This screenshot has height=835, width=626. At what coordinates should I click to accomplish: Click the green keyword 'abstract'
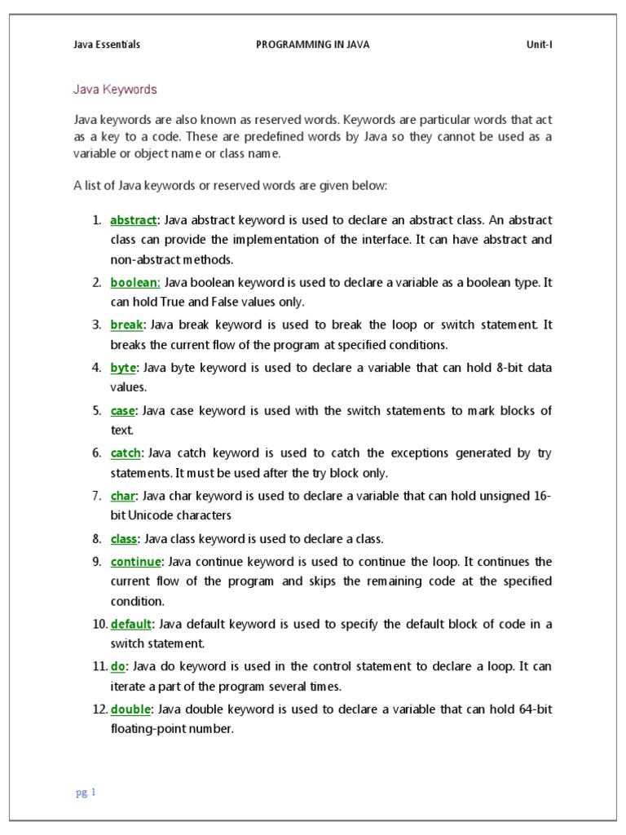[x=133, y=220]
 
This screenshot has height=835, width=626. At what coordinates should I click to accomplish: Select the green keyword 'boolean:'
[x=135, y=282]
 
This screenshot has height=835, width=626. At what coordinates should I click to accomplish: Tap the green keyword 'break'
[x=126, y=325]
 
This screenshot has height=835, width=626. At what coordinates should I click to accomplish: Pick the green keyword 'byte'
[x=123, y=368]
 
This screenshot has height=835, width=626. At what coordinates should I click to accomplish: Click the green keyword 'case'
[x=123, y=410]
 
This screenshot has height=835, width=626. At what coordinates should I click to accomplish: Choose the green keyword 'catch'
[x=126, y=453]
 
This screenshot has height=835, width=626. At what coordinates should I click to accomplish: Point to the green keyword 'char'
[x=123, y=495]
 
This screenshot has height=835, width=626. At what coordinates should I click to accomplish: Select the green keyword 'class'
[x=124, y=539]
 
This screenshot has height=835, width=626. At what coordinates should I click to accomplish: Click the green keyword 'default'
[x=131, y=624]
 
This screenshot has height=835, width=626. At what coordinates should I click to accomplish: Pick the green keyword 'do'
[x=117, y=666]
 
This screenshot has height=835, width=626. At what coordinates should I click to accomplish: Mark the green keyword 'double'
[x=131, y=709]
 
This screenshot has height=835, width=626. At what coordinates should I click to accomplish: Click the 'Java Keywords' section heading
[x=115, y=89]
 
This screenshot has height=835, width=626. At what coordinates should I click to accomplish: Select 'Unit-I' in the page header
[x=539, y=45]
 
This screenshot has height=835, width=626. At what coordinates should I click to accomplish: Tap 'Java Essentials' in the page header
[x=107, y=45]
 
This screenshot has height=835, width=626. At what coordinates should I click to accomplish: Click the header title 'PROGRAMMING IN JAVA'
[x=313, y=45]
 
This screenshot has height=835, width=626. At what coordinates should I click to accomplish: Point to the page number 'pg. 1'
[x=86, y=793]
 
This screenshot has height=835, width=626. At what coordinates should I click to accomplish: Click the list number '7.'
[x=96, y=495]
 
